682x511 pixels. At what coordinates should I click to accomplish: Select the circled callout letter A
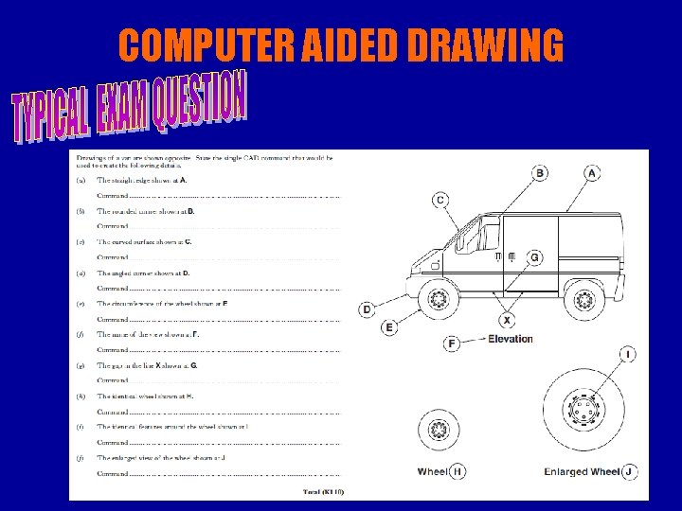(x=591, y=173)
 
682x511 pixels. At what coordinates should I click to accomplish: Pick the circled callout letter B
(x=539, y=173)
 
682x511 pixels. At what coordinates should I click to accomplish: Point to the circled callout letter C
(x=440, y=200)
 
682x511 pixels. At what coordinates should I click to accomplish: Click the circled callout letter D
(x=368, y=309)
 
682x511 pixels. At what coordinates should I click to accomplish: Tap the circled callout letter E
(x=389, y=327)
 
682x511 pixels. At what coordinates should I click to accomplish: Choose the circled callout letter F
(x=452, y=344)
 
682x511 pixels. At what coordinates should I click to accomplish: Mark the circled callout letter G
(x=536, y=257)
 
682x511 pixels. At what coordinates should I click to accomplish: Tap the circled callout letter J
(x=628, y=470)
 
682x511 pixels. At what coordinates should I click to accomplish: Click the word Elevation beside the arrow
(x=510, y=339)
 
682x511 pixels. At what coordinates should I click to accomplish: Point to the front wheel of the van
(x=438, y=301)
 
